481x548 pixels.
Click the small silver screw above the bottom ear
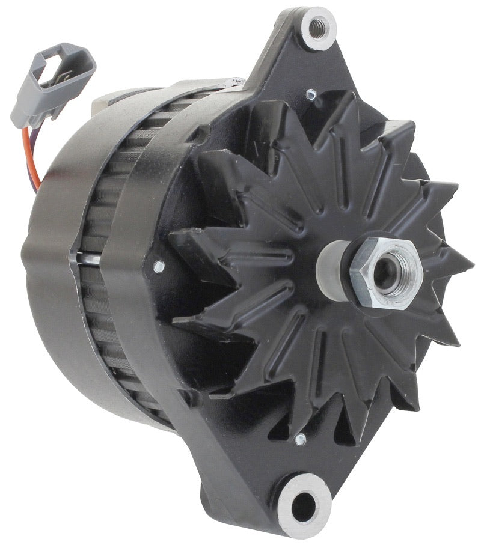point(299,440)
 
